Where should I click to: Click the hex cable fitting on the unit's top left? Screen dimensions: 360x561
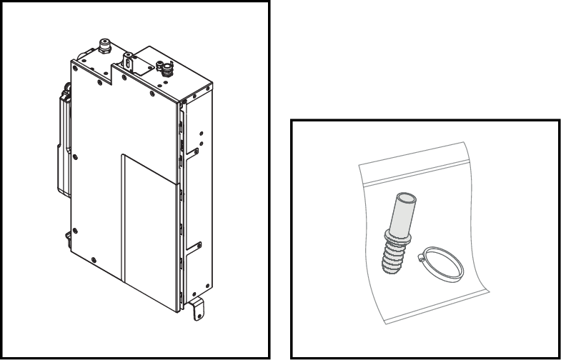(x=105, y=46)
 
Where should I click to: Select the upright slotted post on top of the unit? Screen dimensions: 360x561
(x=128, y=60)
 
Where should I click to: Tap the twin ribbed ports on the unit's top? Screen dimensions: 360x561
(x=165, y=69)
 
